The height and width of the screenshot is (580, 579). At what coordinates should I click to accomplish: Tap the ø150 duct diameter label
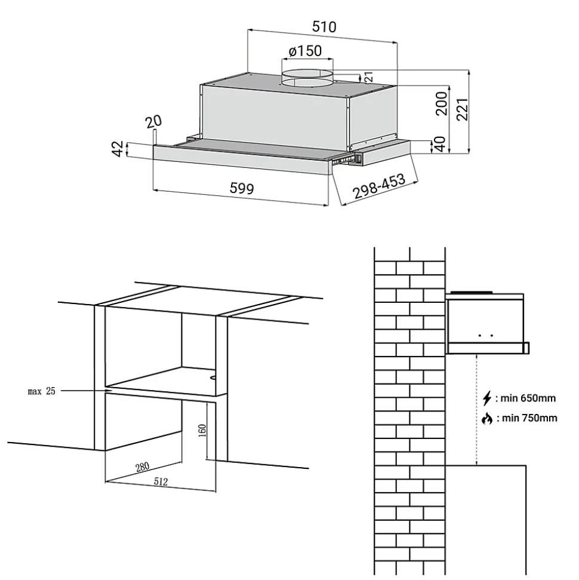[x=305, y=51]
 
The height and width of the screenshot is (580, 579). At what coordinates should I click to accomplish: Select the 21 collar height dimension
[x=368, y=77]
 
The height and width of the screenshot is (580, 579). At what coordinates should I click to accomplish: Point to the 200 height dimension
[x=441, y=102]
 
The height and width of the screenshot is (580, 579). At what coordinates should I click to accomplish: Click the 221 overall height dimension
[x=461, y=109]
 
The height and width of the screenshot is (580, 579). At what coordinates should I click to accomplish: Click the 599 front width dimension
[x=242, y=189]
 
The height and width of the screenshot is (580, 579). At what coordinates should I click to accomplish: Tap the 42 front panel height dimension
[x=118, y=149]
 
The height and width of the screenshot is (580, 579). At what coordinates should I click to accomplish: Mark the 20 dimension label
[x=154, y=121]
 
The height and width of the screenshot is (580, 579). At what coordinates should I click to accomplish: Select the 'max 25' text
[x=41, y=392]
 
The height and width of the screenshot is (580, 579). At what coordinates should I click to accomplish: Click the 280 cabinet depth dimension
[x=143, y=467]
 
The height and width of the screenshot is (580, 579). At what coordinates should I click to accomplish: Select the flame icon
[x=487, y=418]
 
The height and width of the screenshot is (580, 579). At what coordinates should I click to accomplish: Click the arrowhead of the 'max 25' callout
[x=104, y=391]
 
